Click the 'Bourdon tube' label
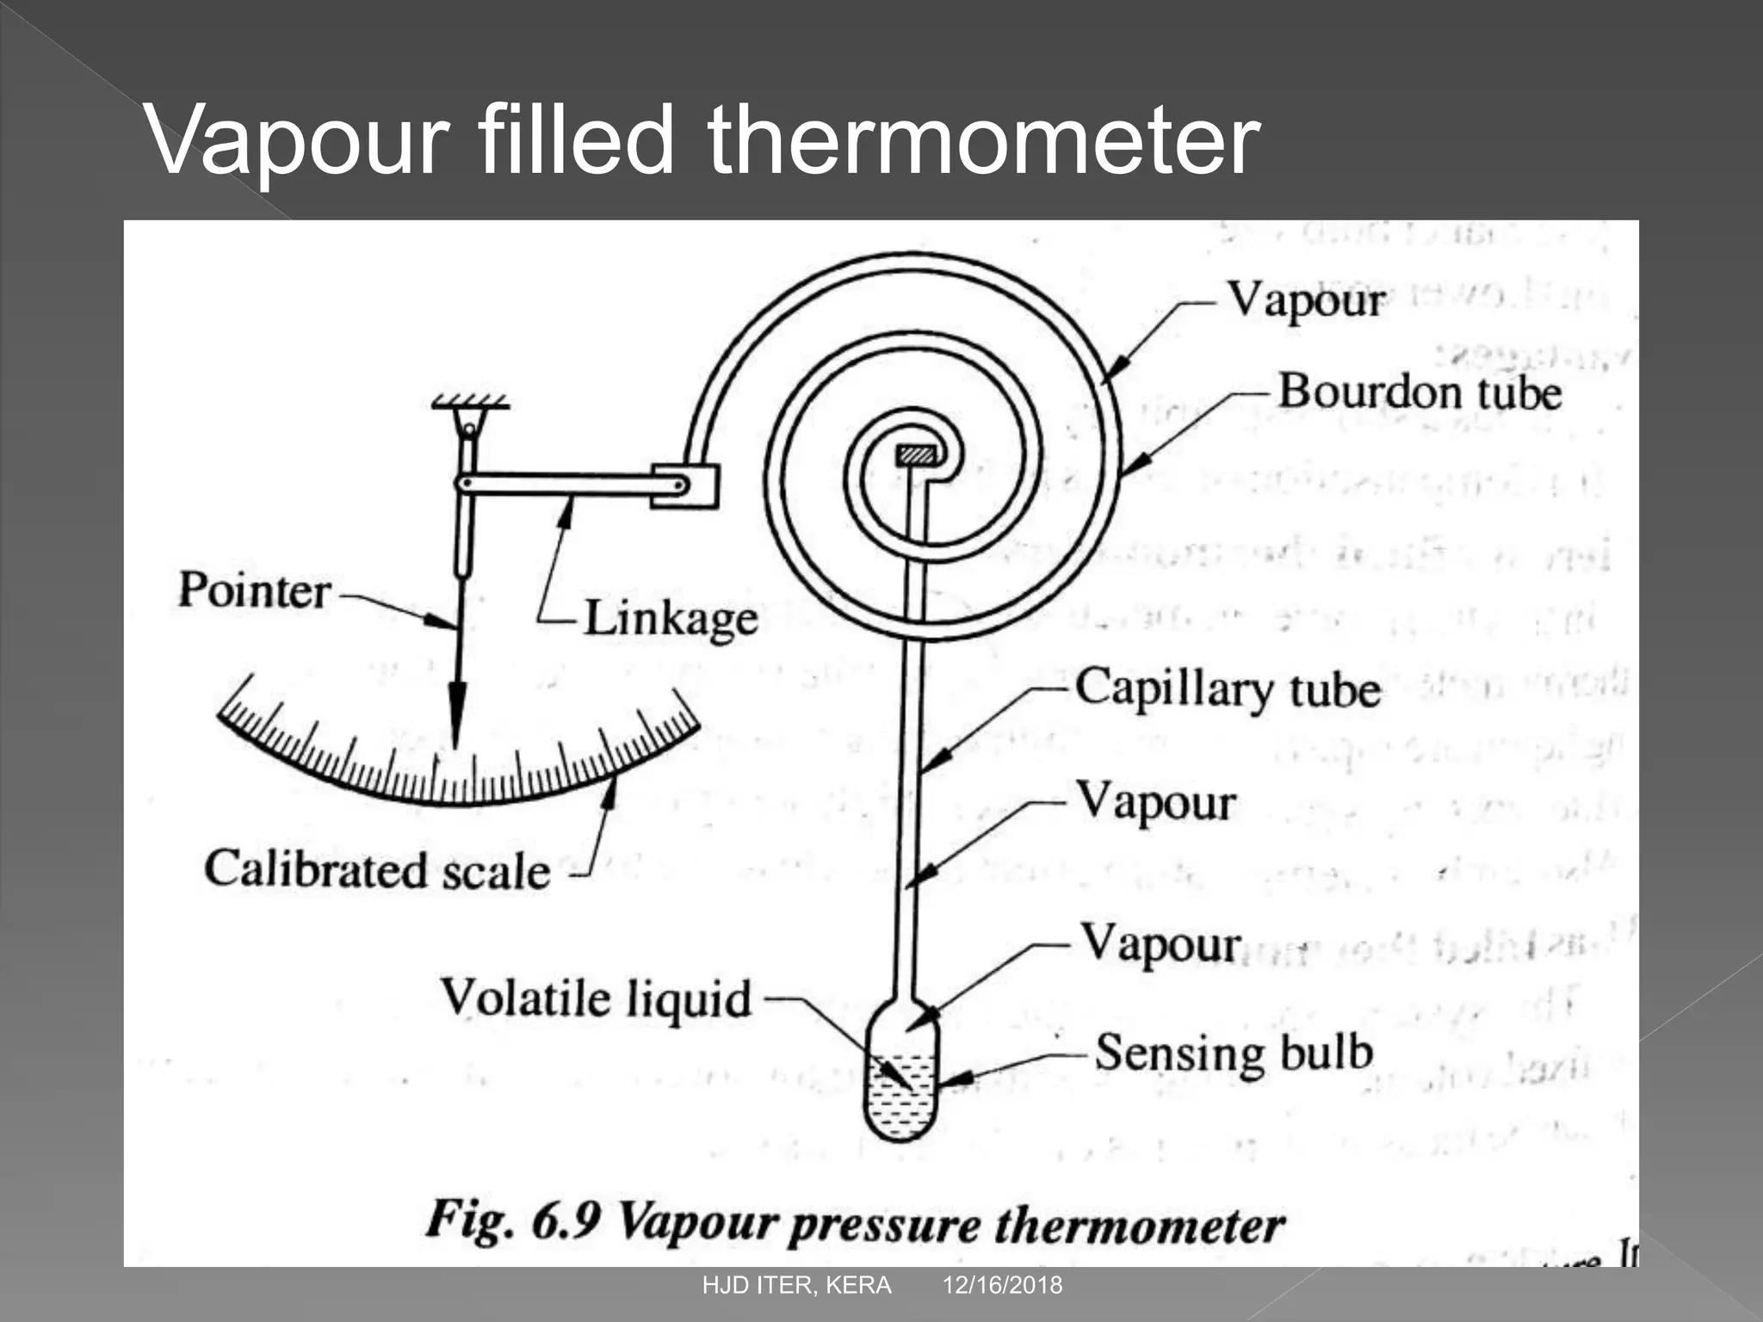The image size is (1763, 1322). (1419, 392)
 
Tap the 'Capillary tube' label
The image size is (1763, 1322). (1228, 689)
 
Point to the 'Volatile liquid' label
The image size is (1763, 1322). (597, 999)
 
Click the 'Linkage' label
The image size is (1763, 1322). (671, 619)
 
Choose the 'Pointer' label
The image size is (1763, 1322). (254, 590)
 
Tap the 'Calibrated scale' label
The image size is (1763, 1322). (377, 869)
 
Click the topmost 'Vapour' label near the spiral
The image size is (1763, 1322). (1306, 301)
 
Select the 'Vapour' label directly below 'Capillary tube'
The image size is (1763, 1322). (1156, 802)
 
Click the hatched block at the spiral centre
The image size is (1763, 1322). (916, 455)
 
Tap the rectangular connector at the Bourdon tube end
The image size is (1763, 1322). (685, 486)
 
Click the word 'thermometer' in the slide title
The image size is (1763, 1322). (983, 139)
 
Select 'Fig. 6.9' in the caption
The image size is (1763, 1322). (512, 1220)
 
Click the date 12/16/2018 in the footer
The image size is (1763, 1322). (1002, 1286)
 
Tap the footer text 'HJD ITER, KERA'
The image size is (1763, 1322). (796, 1286)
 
